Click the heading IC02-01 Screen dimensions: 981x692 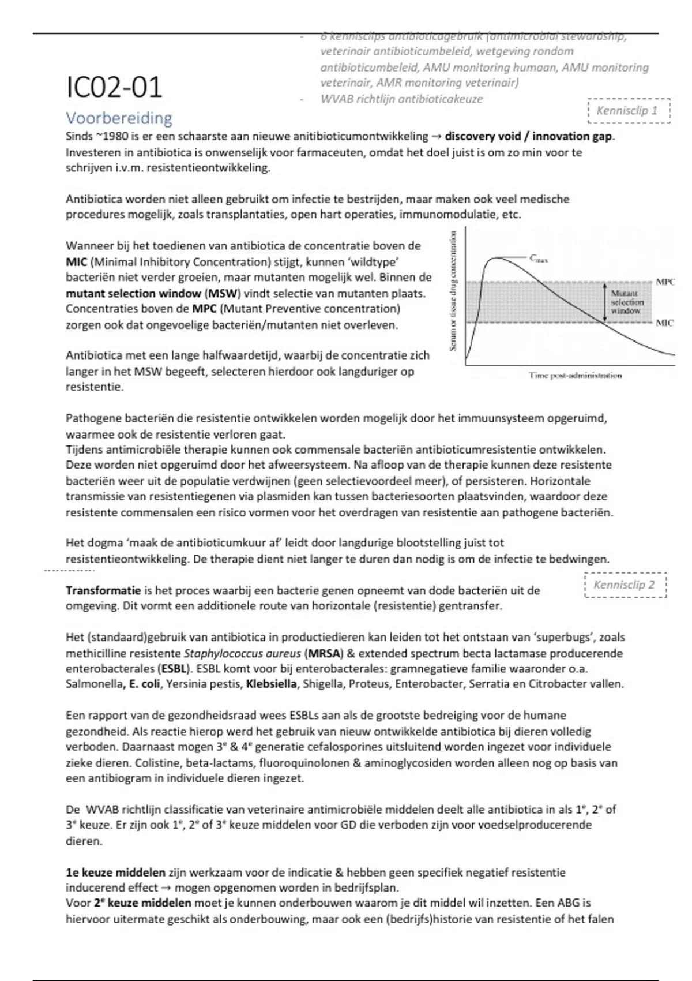click(x=114, y=88)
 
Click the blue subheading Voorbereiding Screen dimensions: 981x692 click(x=119, y=118)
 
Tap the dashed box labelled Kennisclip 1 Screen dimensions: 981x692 click(x=628, y=111)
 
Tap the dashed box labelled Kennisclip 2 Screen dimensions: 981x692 click(x=625, y=585)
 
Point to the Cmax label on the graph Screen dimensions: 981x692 click(x=539, y=259)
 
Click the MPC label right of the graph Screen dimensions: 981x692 click(x=665, y=282)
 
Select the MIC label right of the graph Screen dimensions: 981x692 click(x=664, y=323)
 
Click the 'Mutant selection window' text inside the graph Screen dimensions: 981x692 click(x=627, y=302)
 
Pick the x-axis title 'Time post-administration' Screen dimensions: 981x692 click(x=575, y=376)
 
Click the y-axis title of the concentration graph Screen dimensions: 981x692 click(x=453, y=290)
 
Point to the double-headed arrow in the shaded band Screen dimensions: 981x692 click(x=604, y=302)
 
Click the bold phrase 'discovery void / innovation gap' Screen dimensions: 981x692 click(x=528, y=137)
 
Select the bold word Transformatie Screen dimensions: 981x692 click(x=103, y=591)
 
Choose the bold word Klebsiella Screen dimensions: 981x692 click(x=271, y=684)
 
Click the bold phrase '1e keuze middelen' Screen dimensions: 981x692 click(x=115, y=873)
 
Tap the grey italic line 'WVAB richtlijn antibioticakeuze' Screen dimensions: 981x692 click(x=401, y=99)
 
